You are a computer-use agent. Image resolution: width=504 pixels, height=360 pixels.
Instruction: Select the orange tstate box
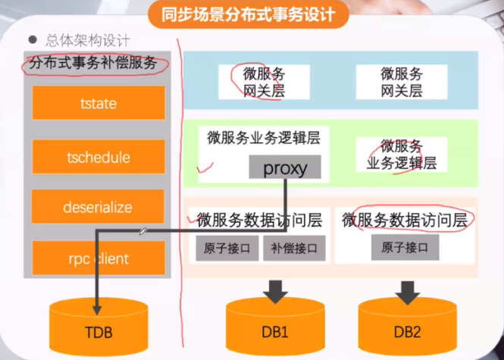coord(98,103)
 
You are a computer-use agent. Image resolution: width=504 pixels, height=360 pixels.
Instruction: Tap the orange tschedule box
coord(98,158)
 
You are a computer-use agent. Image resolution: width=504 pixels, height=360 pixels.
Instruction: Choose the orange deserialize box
coord(98,207)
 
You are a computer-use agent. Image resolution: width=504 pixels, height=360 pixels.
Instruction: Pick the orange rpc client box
coord(98,258)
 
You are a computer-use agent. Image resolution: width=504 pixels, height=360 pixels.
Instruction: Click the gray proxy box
coord(285,167)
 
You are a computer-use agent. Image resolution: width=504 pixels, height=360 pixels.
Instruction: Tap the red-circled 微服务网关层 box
coord(264,82)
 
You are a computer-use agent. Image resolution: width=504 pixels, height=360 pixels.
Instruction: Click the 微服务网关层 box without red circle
coord(401,82)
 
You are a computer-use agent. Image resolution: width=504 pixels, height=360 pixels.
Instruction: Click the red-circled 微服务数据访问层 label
coord(408,220)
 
